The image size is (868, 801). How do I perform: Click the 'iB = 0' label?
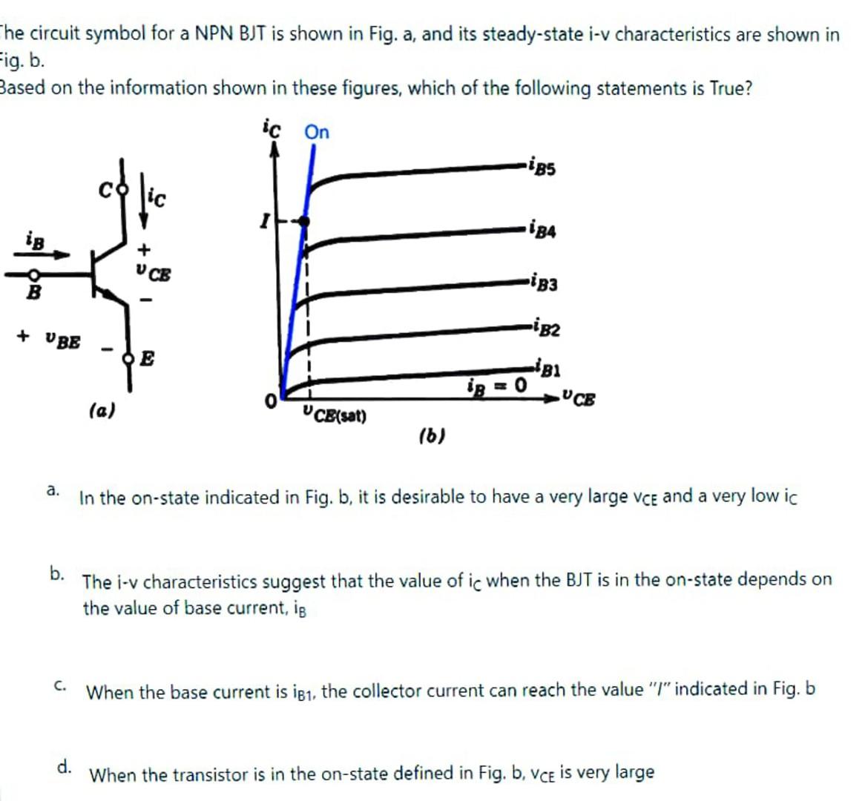tap(496, 386)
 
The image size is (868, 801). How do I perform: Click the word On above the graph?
tap(317, 133)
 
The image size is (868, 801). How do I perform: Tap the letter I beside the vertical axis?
tap(263, 220)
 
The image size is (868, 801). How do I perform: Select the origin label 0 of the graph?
tap(272, 401)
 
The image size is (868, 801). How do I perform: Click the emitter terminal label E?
tap(147, 360)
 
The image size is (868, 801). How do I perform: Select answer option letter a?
tap(52, 489)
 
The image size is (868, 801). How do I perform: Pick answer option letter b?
tap(57, 572)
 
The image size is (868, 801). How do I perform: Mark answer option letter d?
tap(65, 765)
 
